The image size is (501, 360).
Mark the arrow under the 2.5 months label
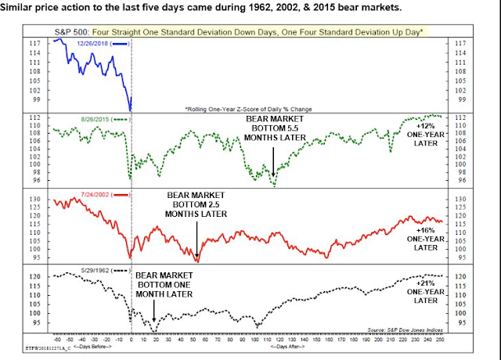point(196,238)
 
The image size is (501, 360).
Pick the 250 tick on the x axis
point(439,338)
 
